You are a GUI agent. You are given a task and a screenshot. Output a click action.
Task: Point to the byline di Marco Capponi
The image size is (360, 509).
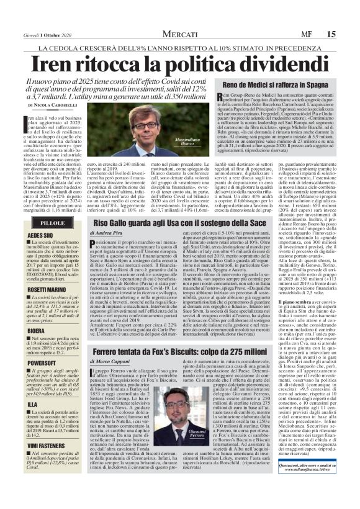coord(114,361)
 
